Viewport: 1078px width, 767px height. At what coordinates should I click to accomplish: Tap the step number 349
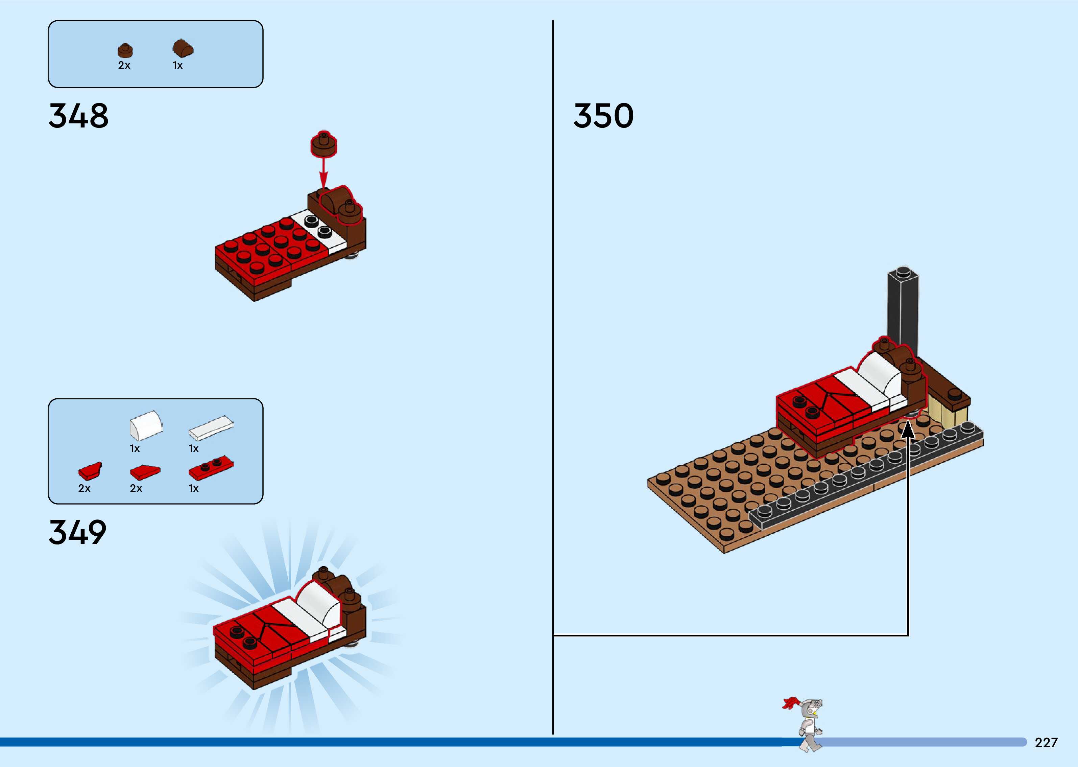click(x=77, y=532)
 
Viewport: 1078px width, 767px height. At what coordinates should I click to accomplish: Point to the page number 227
click(x=1046, y=742)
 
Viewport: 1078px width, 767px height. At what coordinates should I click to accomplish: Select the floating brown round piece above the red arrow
click(x=324, y=144)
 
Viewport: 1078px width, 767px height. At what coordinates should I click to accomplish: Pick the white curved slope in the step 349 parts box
click(x=146, y=424)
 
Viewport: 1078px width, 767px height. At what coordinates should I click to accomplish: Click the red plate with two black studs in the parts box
click(x=211, y=468)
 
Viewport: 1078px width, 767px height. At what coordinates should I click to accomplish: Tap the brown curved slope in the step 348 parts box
click(x=183, y=48)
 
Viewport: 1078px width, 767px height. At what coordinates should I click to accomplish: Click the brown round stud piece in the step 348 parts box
click(x=125, y=50)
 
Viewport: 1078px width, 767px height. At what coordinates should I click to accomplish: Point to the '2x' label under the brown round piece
click(x=124, y=66)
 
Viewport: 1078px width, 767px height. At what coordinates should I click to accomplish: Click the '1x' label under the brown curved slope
click(x=177, y=66)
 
